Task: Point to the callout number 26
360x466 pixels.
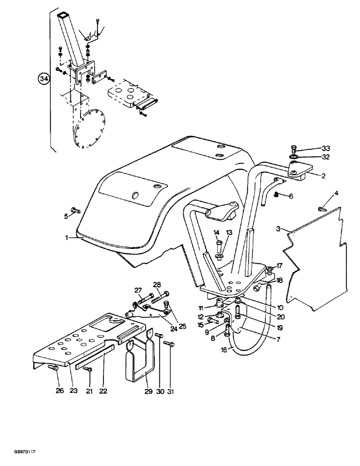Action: tap(60, 391)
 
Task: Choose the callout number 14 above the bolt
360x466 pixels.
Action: tap(217, 232)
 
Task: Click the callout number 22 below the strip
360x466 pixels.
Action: tap(103, 391)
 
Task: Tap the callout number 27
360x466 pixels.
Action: tap(138, 290)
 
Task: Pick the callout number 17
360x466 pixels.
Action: tap(279, 266)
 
